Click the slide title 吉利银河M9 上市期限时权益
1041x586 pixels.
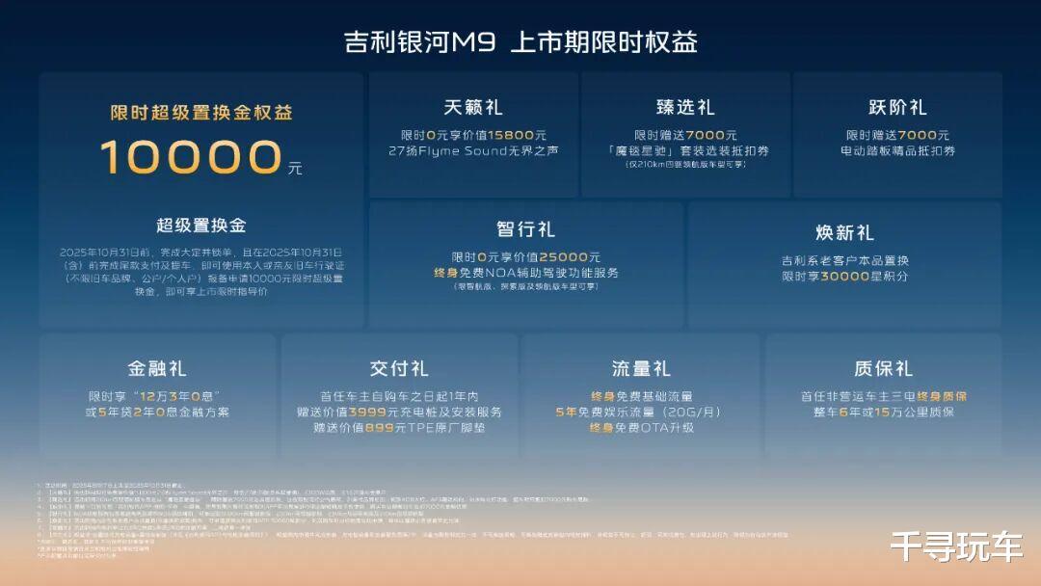click(x=520, y=41)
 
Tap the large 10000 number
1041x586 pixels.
click(x=190, y=157)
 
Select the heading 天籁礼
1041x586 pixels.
click(x=473, y=107)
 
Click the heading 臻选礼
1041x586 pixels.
click(x=685, y=107)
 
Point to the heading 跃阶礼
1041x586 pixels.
click(x=897, y=107)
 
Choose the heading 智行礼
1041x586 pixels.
click(x=525, y=228)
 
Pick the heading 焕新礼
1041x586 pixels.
click(x=844, y=232)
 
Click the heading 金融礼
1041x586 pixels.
click(x=157, y=368)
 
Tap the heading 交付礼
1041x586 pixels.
click(x=399, y=368)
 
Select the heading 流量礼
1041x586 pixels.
click(x=641, y=368)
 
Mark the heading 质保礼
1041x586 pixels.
click(x=883, y=368)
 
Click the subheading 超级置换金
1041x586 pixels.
click(x=201, y=226)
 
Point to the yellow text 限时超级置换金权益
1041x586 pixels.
click(x=201, y=113)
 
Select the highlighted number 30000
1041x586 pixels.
click(x=848, y=277)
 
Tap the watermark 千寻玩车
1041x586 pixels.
click(x=956, y=546)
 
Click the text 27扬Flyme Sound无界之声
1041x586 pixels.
click(x=473, y=151)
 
